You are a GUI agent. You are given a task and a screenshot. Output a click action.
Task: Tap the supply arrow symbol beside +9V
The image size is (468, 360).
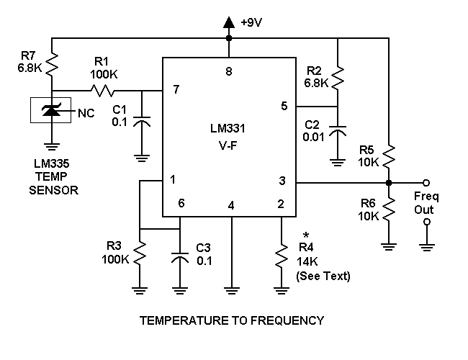point(229,23)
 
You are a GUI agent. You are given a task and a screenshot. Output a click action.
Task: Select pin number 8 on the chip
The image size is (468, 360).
point(229,71)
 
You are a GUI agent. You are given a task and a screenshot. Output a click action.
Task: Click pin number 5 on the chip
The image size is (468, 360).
point(284,106)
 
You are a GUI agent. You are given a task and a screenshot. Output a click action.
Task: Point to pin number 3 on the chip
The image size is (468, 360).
point(284,181)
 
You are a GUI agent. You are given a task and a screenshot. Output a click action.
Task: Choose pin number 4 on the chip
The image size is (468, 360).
point(231,205)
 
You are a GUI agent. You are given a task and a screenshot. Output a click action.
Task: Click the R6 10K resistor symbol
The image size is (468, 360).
point(388,210)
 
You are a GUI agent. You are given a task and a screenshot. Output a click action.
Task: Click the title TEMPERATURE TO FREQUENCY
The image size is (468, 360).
point(231,320)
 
